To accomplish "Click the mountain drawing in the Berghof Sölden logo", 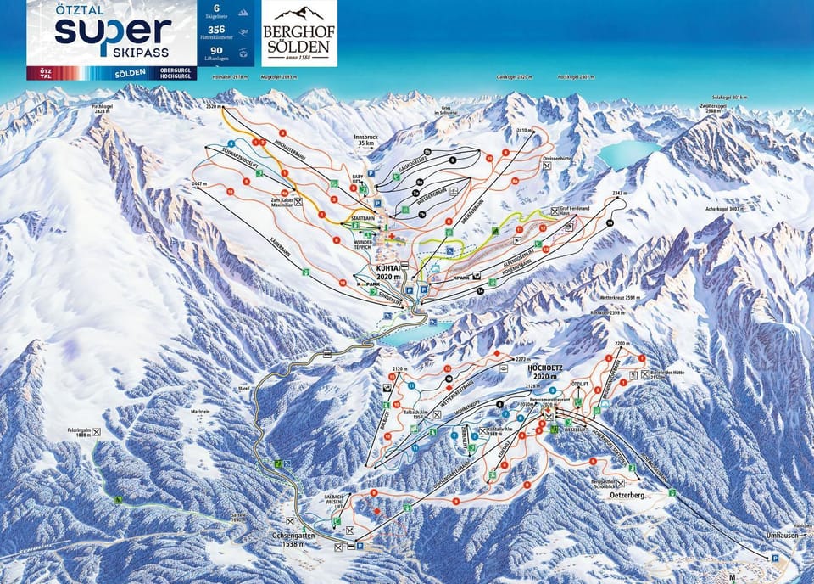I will coord(300,14).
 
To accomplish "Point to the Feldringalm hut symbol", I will coord(96,432).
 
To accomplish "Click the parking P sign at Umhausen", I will coord(775,558).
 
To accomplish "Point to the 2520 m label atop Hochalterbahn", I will coord(212,108).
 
